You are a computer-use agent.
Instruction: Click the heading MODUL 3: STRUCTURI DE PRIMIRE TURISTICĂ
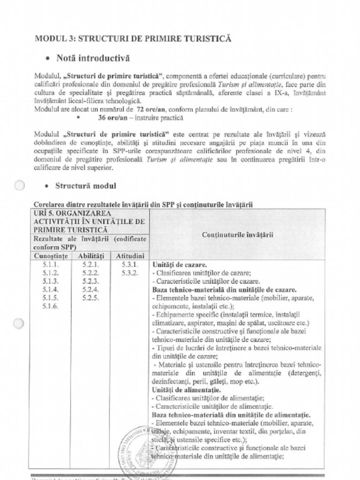pos(133,38)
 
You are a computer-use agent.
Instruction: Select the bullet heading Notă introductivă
pos(93,59)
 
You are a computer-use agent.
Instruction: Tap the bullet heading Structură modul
pos(86,186)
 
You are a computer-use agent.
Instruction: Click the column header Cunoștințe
pos(50,256)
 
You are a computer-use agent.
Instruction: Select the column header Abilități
pos(91,256)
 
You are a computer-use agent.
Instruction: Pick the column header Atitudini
pos(130,256)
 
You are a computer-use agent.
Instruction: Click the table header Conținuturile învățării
pos(238,234)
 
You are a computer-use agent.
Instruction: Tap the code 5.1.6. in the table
pos(50,306)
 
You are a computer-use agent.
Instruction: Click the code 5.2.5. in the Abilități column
pos(90,298)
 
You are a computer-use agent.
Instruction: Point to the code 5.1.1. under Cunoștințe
pos(50,264)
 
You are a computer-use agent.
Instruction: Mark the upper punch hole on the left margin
pos(19,186)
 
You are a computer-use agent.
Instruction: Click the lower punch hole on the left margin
pos(19,323)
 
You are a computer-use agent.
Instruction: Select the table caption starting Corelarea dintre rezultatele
pos(143,204)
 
